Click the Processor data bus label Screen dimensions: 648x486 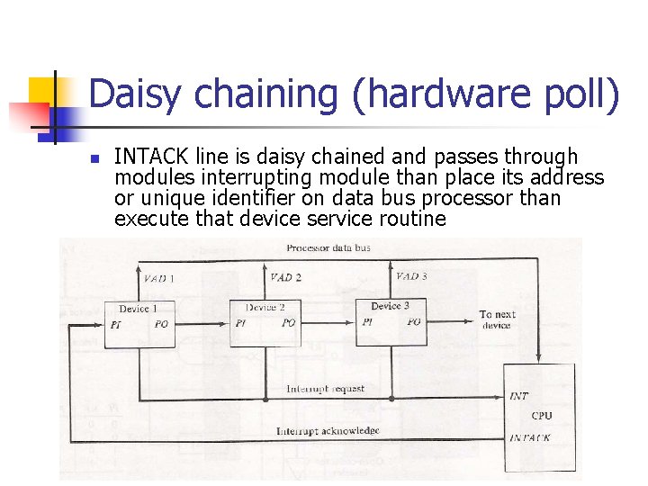[328, 247]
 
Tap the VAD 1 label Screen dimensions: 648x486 [158, 279]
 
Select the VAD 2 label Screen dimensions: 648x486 [285, 278]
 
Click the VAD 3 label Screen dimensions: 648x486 [411, 277]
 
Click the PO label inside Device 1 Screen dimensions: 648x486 [161, 325]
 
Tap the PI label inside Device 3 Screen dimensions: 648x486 [367, 322]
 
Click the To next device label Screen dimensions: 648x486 [497, 319]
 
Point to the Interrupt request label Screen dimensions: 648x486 [325, 389]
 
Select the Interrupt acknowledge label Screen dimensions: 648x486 [328, 431]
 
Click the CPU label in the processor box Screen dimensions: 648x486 [542, 416]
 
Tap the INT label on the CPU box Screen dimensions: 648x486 [519, 396]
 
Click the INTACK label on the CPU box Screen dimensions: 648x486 [530, 437]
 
